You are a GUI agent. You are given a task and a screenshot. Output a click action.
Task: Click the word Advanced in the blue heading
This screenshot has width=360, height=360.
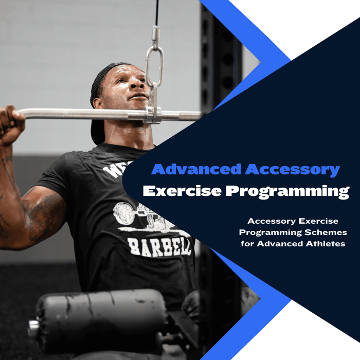coord(196,169)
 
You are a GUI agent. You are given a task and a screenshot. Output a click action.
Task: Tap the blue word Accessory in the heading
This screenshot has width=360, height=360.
coord(292,169)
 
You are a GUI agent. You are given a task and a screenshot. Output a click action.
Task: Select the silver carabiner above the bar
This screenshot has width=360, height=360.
coord(154,65)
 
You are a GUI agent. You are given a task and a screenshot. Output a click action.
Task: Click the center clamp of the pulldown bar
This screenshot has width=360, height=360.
coord(153,114)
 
